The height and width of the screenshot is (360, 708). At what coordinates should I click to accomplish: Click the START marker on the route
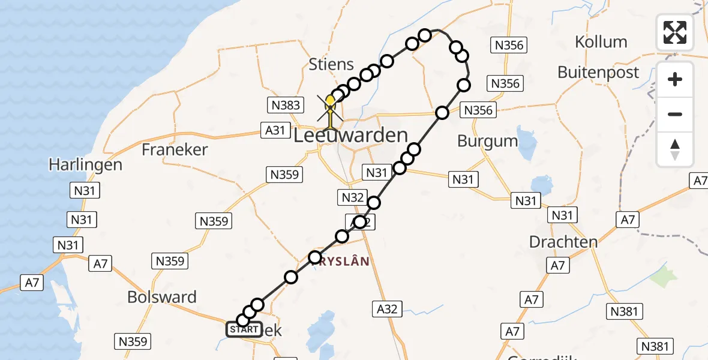click(x=244, y=329)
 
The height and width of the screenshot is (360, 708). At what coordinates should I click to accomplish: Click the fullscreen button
click(x=675, y=32)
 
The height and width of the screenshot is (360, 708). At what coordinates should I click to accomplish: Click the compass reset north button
click(x=675, y=150)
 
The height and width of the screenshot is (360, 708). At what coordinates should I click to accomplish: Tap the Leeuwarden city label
click(x=350, y=136)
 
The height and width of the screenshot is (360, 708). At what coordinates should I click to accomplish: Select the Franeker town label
click(x=175, y=149)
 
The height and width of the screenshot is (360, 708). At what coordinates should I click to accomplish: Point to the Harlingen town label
click(x=86, y=164)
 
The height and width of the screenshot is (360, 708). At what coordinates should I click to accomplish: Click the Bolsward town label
click(x=162, y=297)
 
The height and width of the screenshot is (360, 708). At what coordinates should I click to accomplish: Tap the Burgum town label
click(x=487, y=142)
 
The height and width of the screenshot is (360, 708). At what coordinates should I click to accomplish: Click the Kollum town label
click(x=601, y=42)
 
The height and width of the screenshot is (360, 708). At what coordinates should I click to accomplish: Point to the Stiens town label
click(x=331, y=64)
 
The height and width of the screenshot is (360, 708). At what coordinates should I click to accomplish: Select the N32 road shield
click(x=353, y=197)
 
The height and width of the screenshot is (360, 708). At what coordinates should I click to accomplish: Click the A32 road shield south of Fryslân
click(x=387, y=309)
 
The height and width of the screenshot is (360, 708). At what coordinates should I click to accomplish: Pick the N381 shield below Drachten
click(x=626, y=311)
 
